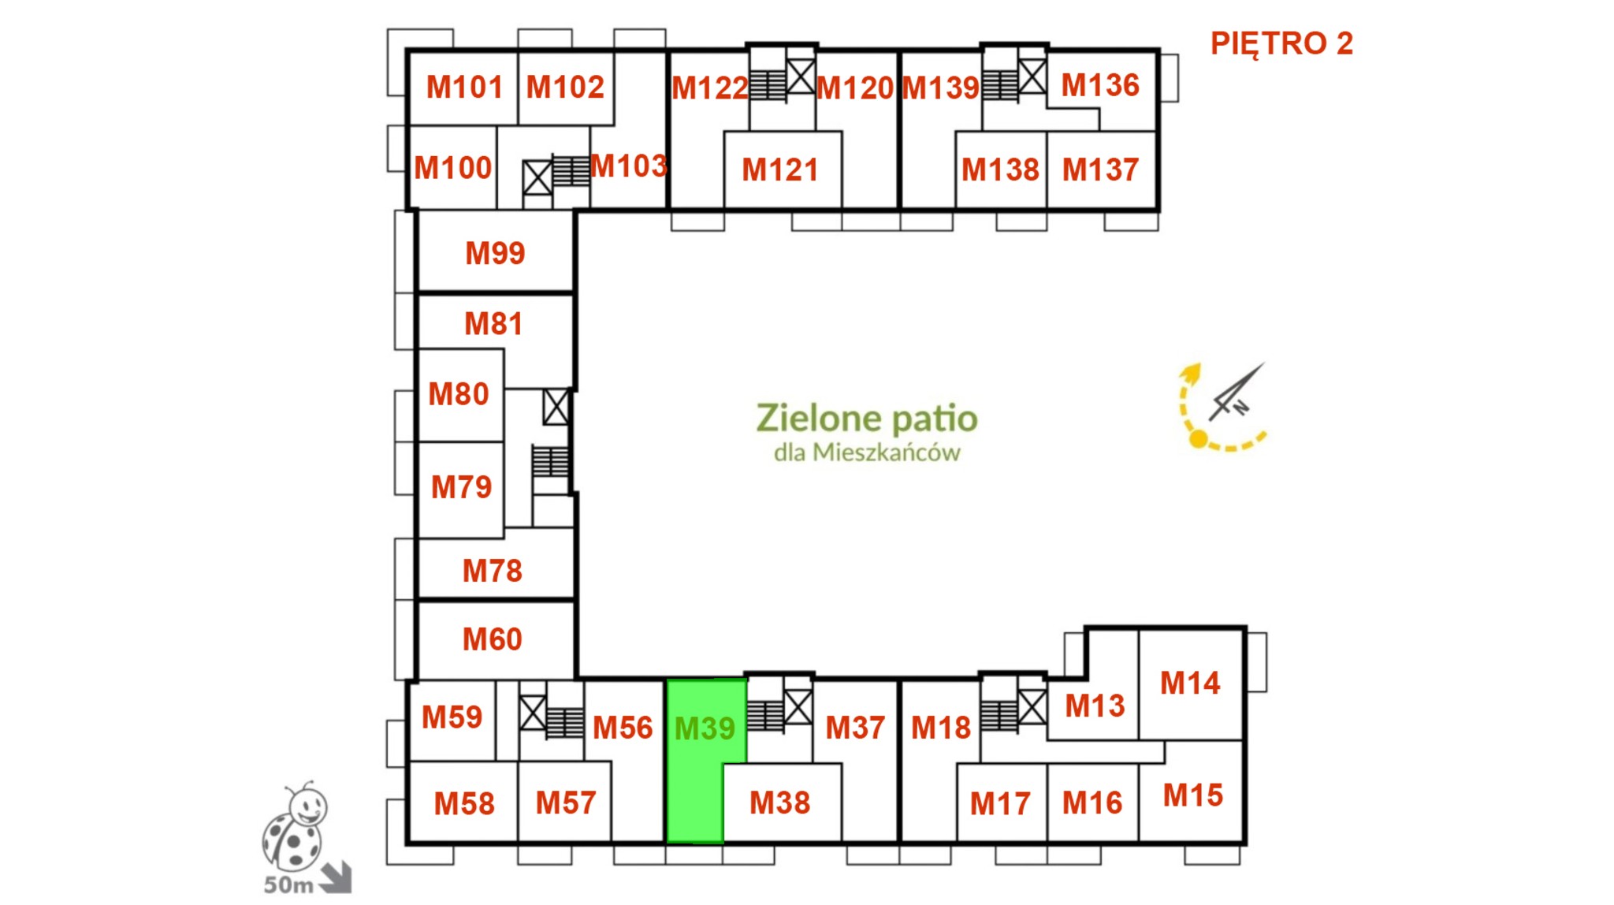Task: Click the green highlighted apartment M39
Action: tap(694, 761)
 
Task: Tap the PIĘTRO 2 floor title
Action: tap(1281, 43)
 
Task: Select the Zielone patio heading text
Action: tap(867, 418)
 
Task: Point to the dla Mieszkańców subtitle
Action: tap(867, 452)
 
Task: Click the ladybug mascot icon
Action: tap(295, 827)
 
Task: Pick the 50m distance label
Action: tap(288, 885)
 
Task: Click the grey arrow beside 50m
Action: tap(337, 878)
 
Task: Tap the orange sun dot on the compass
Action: tap(1198, 439)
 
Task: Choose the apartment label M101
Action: tap(464, 87)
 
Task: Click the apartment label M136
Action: tap(1100, 85)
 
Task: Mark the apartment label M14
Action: tap(1190, 683)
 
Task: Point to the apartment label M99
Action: tap(495, 253)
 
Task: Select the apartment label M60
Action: tap(493, 639)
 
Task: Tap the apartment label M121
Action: tap(780, 169)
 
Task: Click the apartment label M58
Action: tap(464, 804)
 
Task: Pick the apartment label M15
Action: tap(1193, 795)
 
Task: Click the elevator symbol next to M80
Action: tap(556, 407)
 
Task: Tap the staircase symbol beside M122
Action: tap(768, 85)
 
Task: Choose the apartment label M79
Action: tap(461, 487)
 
